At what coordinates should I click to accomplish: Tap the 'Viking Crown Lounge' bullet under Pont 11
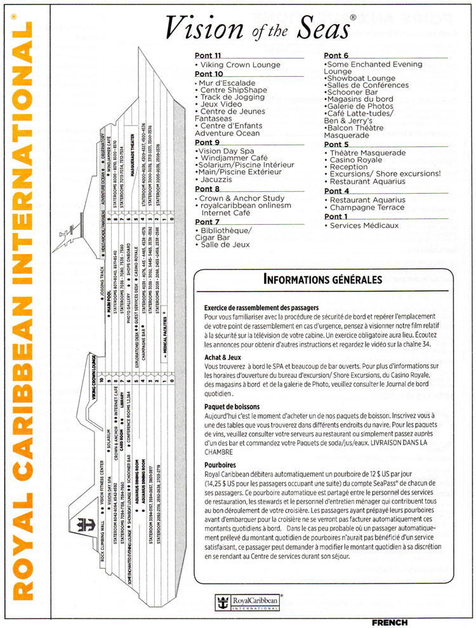coord(240,65)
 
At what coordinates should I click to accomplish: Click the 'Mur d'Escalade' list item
coord(227,83)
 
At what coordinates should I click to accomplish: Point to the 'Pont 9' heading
coord(208,143)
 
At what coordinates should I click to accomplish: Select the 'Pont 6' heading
coord(336,55)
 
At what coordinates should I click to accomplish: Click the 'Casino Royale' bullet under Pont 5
coord(354,161)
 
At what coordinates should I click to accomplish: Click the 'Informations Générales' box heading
coord(322,279)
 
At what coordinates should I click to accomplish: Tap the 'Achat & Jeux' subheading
coord(223,357)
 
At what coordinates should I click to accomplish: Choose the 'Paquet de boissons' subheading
coord(232,406)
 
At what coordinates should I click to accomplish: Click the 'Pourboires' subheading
coord(220,464)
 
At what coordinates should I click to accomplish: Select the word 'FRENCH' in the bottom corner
coord(390,622)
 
